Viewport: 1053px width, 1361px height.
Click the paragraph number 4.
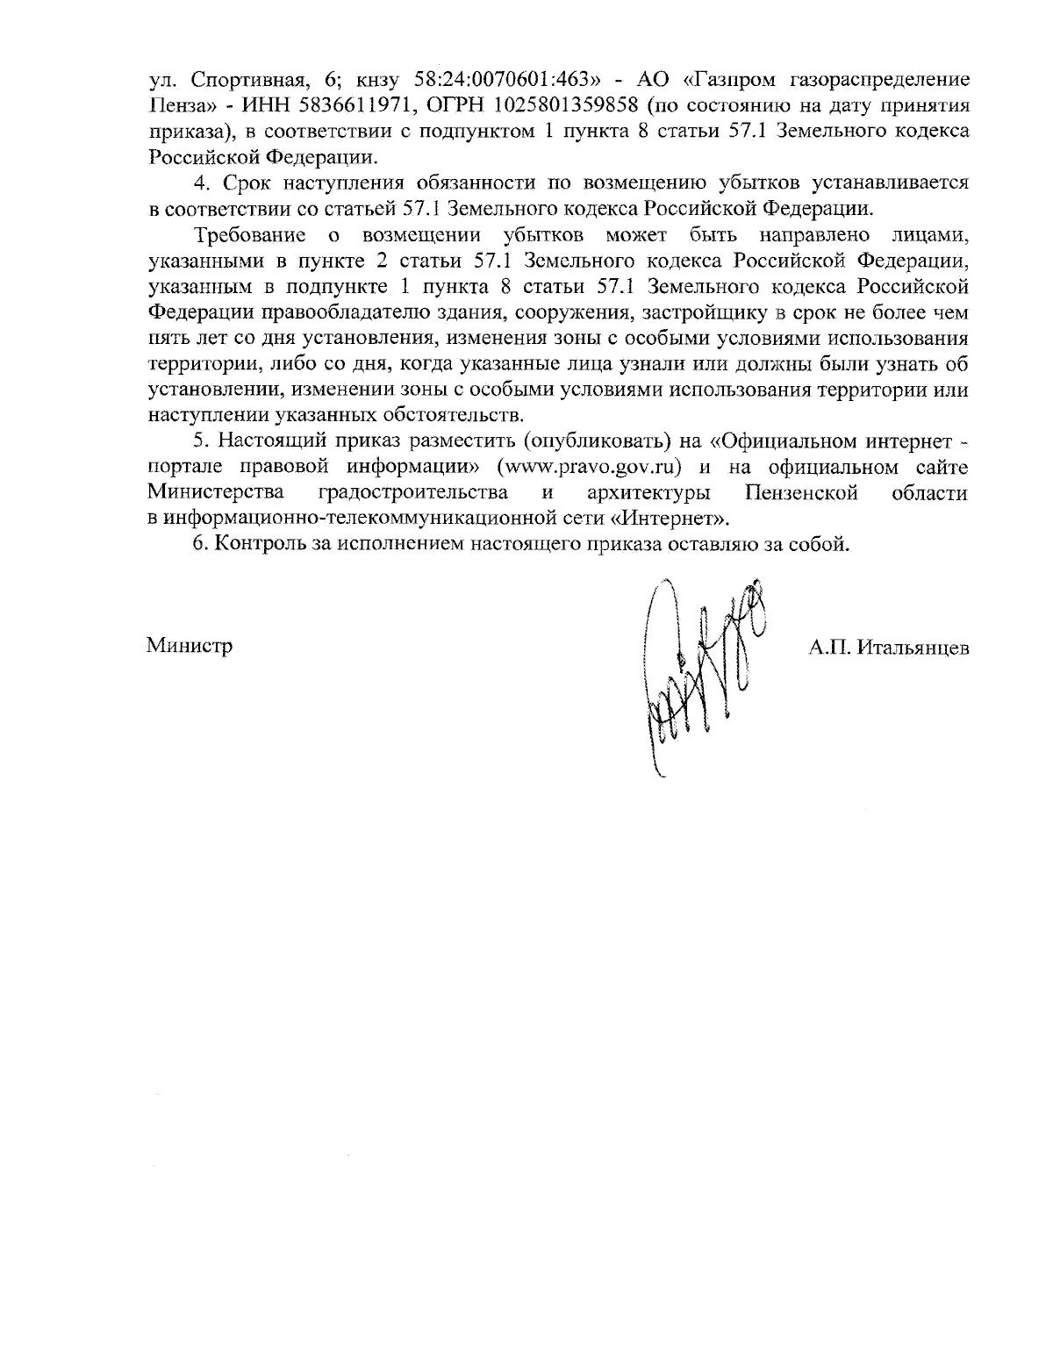tap(198, 183)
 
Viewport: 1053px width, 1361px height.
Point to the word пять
tap(167, 338)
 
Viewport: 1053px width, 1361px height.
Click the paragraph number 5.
tap(198, 440)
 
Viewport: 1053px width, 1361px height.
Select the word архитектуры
tap(648, 491)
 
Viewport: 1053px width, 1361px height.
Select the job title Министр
tap(190, 648)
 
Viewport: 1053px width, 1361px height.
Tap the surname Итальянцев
tap(912, 648)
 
